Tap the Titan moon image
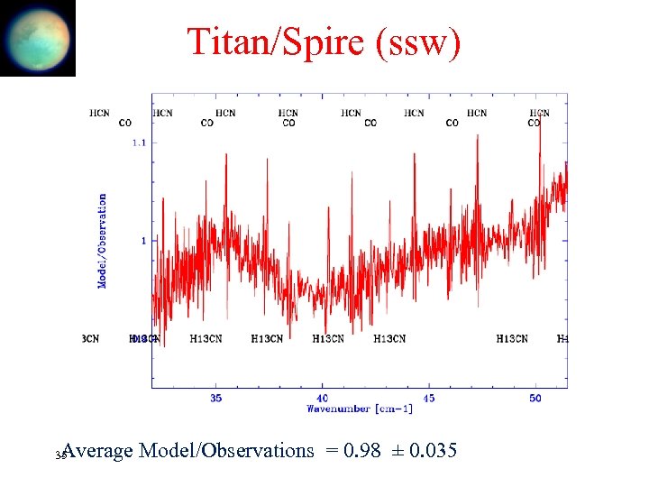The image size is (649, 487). tap(38, 38)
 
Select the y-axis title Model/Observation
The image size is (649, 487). tap(102, 241)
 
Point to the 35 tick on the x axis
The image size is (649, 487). tap(216, 397)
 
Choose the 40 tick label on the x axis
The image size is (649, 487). tap(322, 397)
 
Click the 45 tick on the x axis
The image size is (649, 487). tap(428, 397)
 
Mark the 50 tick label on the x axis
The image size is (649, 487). tap(535, 397)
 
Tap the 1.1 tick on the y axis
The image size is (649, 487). tap(140, 142)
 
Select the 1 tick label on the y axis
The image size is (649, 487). tap(142, 240)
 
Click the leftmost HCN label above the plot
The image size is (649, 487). tap(100, 113)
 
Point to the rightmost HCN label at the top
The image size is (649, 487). tap(539, 113)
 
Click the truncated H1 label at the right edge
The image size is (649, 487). tap(562, 339)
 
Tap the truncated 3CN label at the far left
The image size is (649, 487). tap(90, 339)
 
